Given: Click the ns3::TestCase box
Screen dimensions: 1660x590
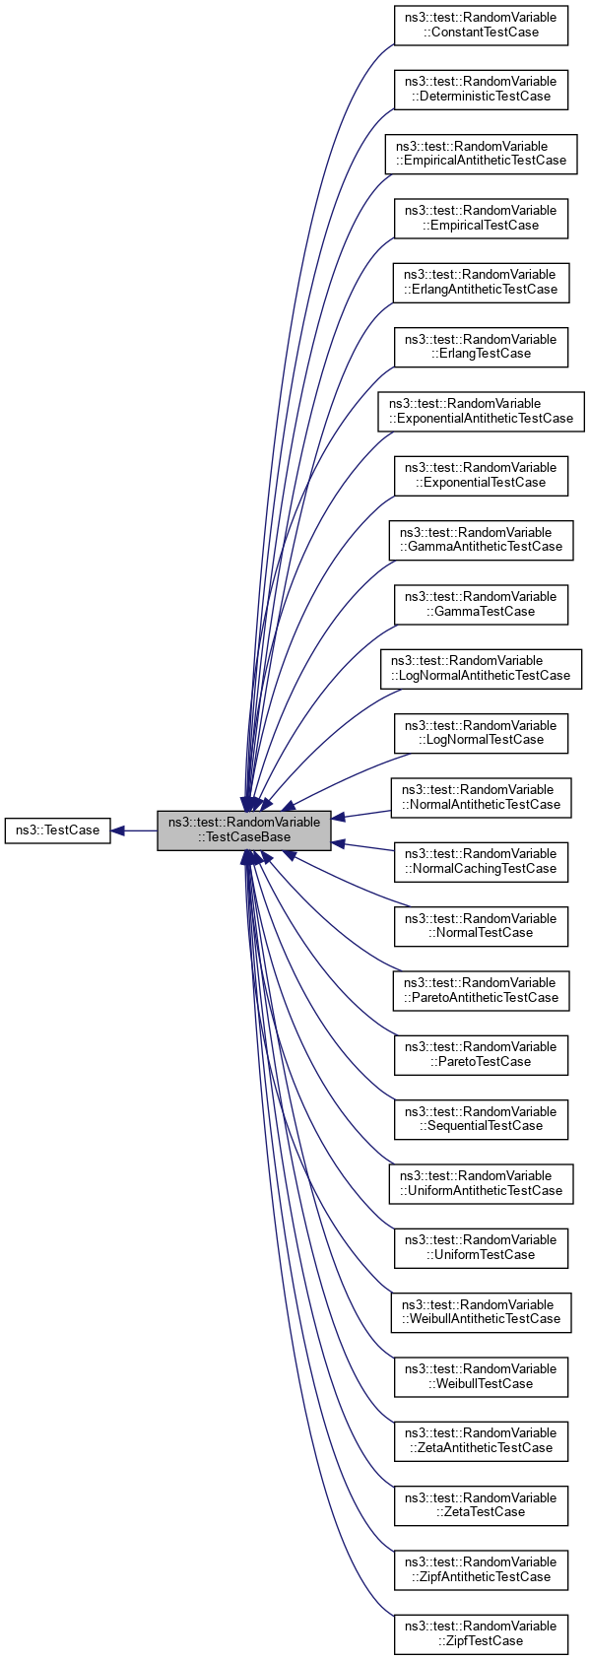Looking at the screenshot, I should point(57,830).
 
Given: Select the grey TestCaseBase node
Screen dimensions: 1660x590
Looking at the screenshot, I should point(244,830).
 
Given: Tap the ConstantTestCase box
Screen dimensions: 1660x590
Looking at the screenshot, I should point(481,25).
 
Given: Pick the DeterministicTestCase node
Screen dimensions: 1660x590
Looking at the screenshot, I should point(481,89).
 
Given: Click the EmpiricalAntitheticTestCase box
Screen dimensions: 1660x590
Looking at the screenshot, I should point(481,154).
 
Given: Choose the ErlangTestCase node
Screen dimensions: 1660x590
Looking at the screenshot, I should point(481,347).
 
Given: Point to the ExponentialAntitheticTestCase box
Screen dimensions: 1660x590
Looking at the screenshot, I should point(481,411).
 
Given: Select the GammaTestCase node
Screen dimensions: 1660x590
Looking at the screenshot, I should point(481,604).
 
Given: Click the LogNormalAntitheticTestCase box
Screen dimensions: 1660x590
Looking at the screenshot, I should point(481,668).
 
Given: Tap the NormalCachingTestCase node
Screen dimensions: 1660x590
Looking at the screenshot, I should point(481,861).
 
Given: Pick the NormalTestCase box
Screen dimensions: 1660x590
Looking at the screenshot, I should point(481,926).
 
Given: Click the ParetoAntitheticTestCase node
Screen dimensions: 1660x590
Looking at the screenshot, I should point(481,990).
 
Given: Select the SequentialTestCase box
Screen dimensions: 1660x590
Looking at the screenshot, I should point(481,1119).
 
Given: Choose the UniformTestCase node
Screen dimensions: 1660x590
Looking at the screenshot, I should point(481,1247).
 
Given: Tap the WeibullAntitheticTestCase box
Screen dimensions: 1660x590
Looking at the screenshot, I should point(481,1311).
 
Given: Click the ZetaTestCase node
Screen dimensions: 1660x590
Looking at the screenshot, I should point(481,1504).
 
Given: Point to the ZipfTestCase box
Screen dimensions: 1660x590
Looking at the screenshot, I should point(481,1633).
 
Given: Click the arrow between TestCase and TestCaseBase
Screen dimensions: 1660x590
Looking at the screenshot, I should point(134,830).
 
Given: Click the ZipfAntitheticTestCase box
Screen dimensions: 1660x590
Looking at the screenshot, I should point(481,1569).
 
